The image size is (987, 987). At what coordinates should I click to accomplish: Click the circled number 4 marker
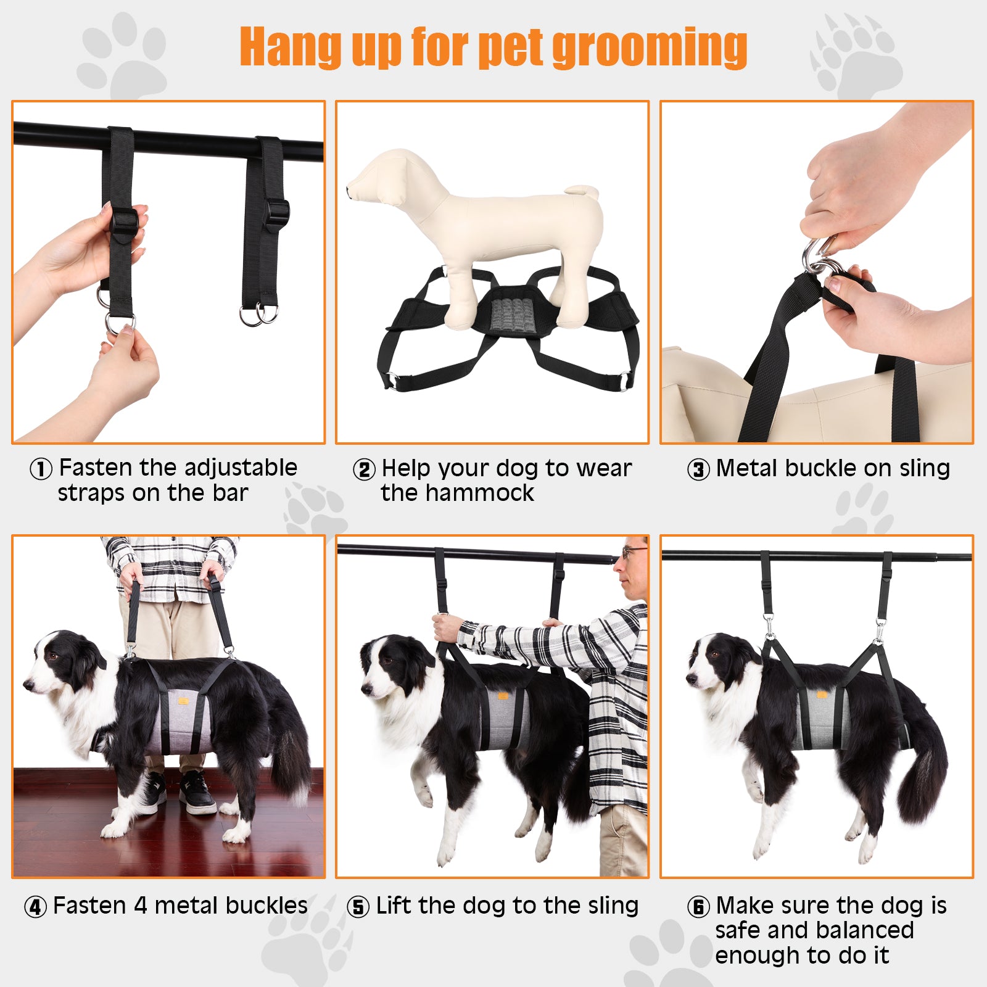[35, 907]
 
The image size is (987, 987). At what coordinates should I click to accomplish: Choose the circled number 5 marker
[358, 907]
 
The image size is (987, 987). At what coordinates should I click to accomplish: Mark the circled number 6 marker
[699, 907]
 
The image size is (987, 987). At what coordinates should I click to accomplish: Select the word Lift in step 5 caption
[395, 906]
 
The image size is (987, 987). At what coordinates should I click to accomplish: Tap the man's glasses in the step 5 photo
[633, 551]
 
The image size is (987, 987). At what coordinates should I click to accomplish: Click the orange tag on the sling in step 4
[184, 701]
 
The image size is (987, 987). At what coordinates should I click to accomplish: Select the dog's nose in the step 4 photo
[28, 684]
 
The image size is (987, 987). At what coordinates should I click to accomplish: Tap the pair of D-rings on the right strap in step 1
[258, 315]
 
